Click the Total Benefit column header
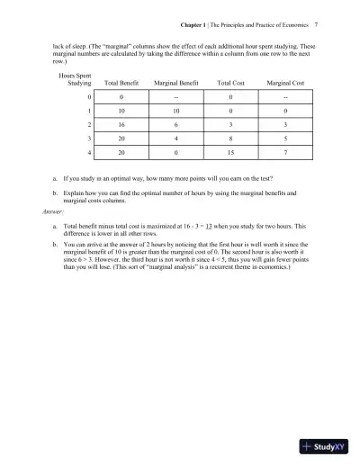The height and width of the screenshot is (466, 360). [x=121, y=82]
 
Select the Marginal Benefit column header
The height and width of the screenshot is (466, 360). [x=176, y=82]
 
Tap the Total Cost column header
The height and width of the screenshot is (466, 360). [x=232, y=82]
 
